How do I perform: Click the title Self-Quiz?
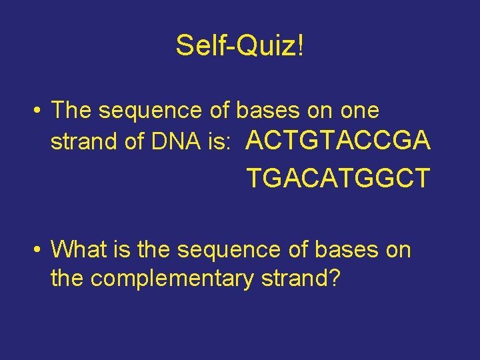point(240,46)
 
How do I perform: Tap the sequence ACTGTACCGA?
point(339,141)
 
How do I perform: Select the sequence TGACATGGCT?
point(339,178)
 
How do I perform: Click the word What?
point(79,250)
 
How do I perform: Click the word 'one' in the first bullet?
point(360,110)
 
